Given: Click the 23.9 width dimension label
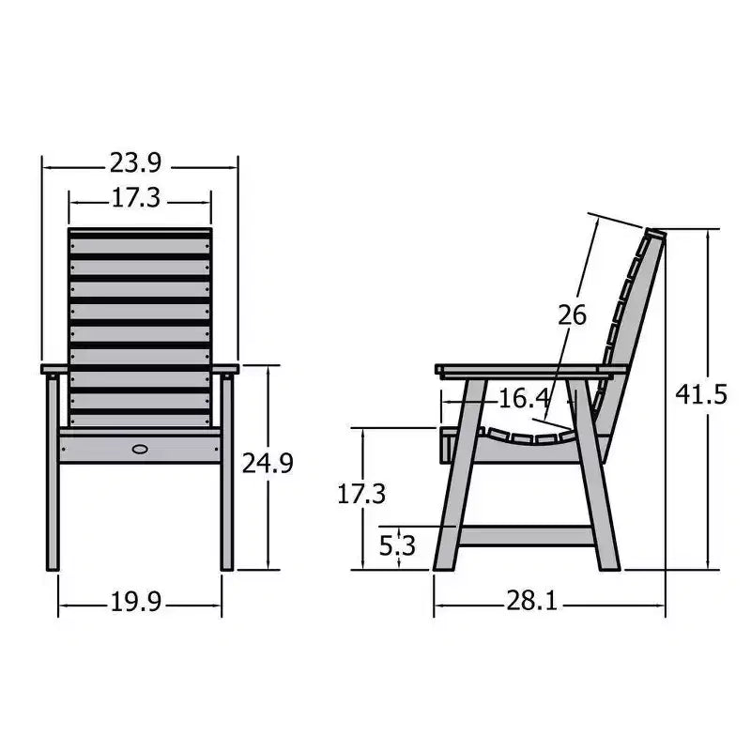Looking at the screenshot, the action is pos(136,162).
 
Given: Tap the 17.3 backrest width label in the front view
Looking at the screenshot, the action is pos(136,198).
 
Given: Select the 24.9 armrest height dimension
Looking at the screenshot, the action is pos(268,463).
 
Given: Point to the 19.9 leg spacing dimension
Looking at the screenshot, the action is pos(136,602).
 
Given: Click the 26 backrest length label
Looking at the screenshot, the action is pos(572,315).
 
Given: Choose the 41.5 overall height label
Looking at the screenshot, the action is pos(701,394).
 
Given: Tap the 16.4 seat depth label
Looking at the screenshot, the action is pos(524,398).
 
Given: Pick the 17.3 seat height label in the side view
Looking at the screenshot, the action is pos(361,494).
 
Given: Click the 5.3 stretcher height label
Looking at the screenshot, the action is pos(397,545).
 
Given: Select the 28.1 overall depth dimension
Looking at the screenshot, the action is pos(531,601).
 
